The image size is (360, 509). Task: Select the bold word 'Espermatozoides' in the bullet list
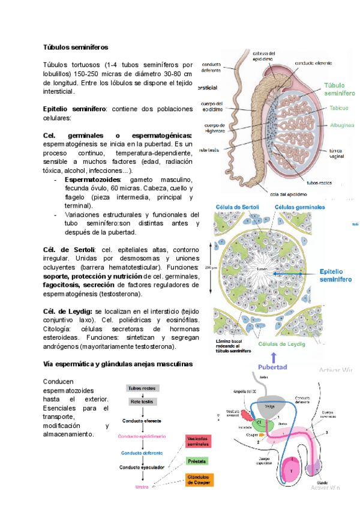[x=92, y=179]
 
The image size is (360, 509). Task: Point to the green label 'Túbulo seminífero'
[x=340, y=89]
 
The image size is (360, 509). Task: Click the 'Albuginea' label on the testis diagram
[x=341, y=125]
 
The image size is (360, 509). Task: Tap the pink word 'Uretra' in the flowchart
[x=142, y=487]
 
